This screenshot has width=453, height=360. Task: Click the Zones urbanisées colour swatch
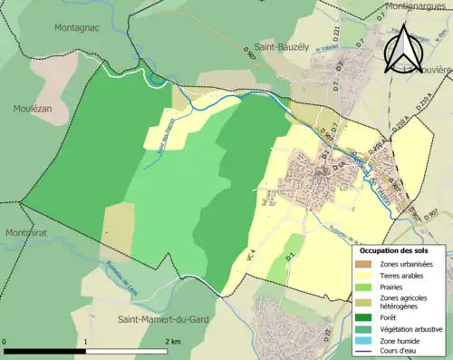pyautogui.click(x=369, y=264)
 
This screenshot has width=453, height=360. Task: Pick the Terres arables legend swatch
pyautogui.click(x=369, y=277)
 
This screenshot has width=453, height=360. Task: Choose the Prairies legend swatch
pyautogui.click(x=369, y=289)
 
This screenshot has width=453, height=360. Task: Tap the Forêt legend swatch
pyautogui.click(x=369, y=317)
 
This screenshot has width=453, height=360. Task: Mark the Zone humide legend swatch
pyautogui.click(x=369, y=343)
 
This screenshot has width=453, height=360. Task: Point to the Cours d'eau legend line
pyautogui.click(x=369, y=355)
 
